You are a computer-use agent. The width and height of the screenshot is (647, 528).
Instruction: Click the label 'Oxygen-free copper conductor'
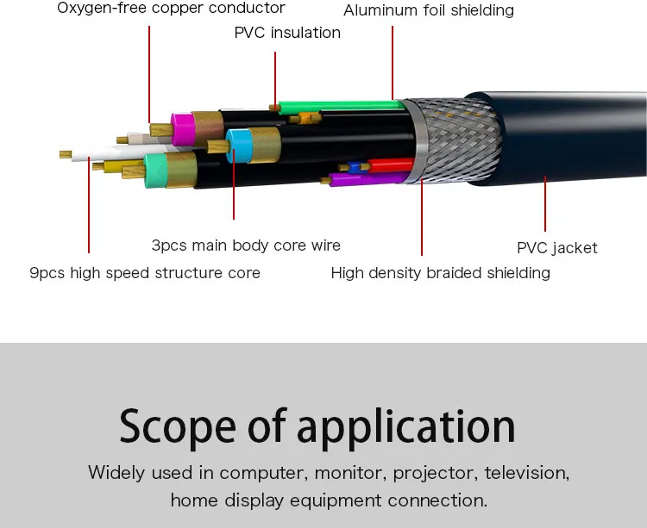pos(171,9)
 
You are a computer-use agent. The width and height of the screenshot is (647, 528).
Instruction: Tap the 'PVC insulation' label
pos(287,33)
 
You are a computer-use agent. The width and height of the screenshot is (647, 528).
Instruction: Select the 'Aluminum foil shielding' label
pos(428,11)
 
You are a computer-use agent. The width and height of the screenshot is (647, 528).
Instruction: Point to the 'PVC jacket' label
pos(556,248)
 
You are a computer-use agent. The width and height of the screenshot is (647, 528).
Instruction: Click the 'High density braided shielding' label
pos(440,273)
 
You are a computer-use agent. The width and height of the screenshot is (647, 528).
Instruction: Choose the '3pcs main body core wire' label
pos(246,245)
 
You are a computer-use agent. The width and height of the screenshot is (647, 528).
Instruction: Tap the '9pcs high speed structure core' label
pos(145,273)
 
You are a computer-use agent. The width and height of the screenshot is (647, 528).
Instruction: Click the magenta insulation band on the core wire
pos(183,129)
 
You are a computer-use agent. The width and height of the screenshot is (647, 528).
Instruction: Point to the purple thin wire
pos(362,179)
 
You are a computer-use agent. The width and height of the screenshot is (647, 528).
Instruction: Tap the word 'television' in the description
pos(526,473)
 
